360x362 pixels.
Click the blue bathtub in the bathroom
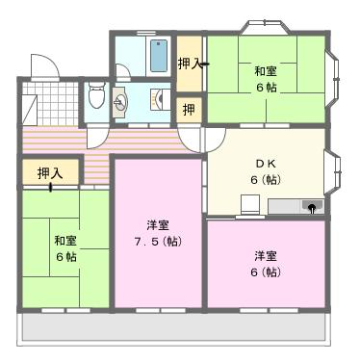[x=159, y=56]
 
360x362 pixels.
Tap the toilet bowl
[x=96, y=94]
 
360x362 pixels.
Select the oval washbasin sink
[x=121, y=103]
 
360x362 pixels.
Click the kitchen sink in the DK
[x=312, y=206]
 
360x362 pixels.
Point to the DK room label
[x=266, y=164]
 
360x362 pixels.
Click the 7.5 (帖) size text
[x=158, y=242]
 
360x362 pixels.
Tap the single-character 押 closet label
[x=189, y=110]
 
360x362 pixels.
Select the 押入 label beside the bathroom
[x=190, y=64]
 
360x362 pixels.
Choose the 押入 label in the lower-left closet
[x=50, y=173]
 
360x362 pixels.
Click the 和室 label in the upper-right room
[x=266, y=71]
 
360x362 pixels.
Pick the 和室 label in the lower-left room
[x=65, y=241]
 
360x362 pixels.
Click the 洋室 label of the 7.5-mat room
[x=158, y=225]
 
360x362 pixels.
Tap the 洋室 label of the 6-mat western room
[x=266, y=256]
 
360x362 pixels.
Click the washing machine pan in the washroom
[x=161, y=99]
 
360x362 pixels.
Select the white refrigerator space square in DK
[x=250, y=204]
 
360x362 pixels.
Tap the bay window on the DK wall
[x=332, y=171]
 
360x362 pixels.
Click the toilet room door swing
[x=98, y=138]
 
